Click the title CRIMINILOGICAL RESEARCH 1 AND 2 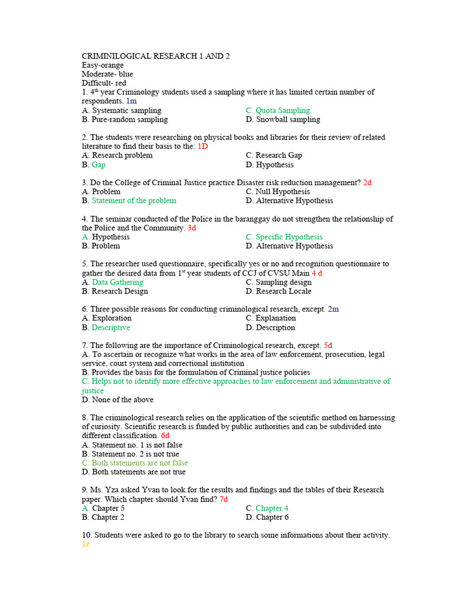pyautogui.click(x=155, y=56)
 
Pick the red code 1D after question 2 pyautogui.click(x=202, y=146)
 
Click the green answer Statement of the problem pyautogui.click(x=134, y=200)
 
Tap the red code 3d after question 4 pyautogui.click(x=192, y=228)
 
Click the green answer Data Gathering pyautogui.click(x=117, y=282)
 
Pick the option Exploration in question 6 pyautogui.click(x=111, y=318)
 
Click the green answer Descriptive pyautogui.click(x=111, y=327)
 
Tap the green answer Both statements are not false pyautogui.click(x=139, y=463)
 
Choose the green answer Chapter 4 pyautogui.click(x=271, y=508)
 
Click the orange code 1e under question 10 pyautogui.click(x=86, y=544)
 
